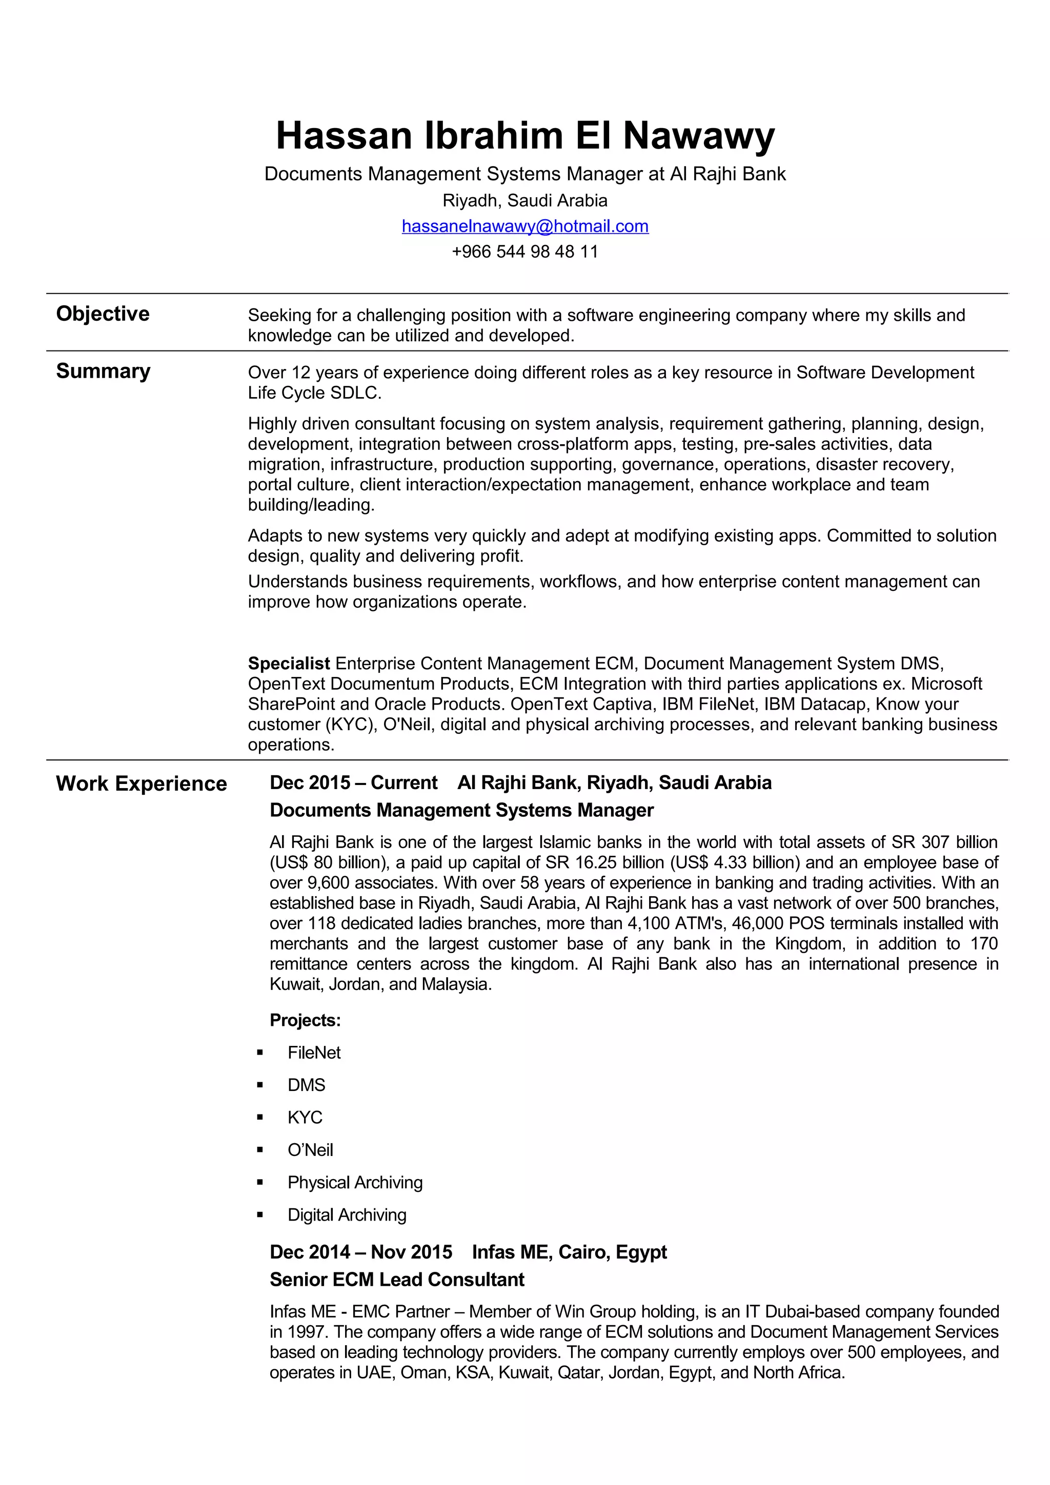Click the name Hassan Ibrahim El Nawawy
[x=524, y=136]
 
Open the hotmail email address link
[x=524, y=226]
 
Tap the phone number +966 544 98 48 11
[x=524, y=252]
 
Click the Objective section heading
[x=103, y=314]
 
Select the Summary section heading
[x=103, y=371]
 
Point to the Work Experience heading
[x=141, y=783]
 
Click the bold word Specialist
[x=289, y=664]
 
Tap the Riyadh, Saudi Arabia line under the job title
[x=524, y=200]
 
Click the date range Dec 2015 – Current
[x=353, y=782]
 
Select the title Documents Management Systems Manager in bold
[x=461, y=811]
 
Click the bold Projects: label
[x=305, y=1021]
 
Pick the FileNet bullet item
[x=314, y=1053]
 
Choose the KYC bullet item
[x=305, y=1118]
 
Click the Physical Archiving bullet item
[x=354, y=1182]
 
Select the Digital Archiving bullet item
[x=347, y=1214]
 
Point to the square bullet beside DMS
[x=260, y=1085]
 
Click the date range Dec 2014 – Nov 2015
[x=360, y=1252]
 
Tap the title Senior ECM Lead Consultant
[x=397, y=1280]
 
